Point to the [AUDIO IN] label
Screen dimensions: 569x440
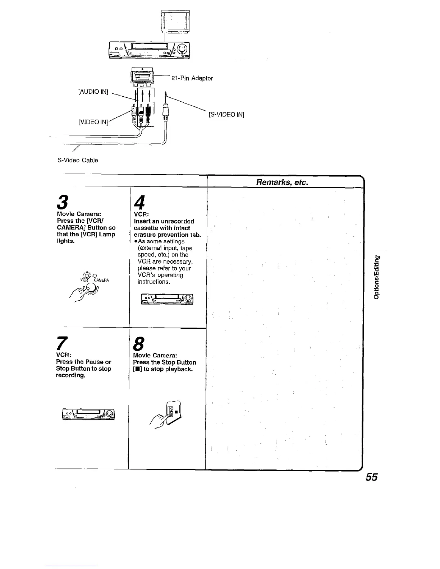(x=93, y=92)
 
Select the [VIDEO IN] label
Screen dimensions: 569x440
(x=93, y=122)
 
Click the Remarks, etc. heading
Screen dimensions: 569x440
(x=282, y=182)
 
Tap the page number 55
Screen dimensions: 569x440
(x=371, y=477)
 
